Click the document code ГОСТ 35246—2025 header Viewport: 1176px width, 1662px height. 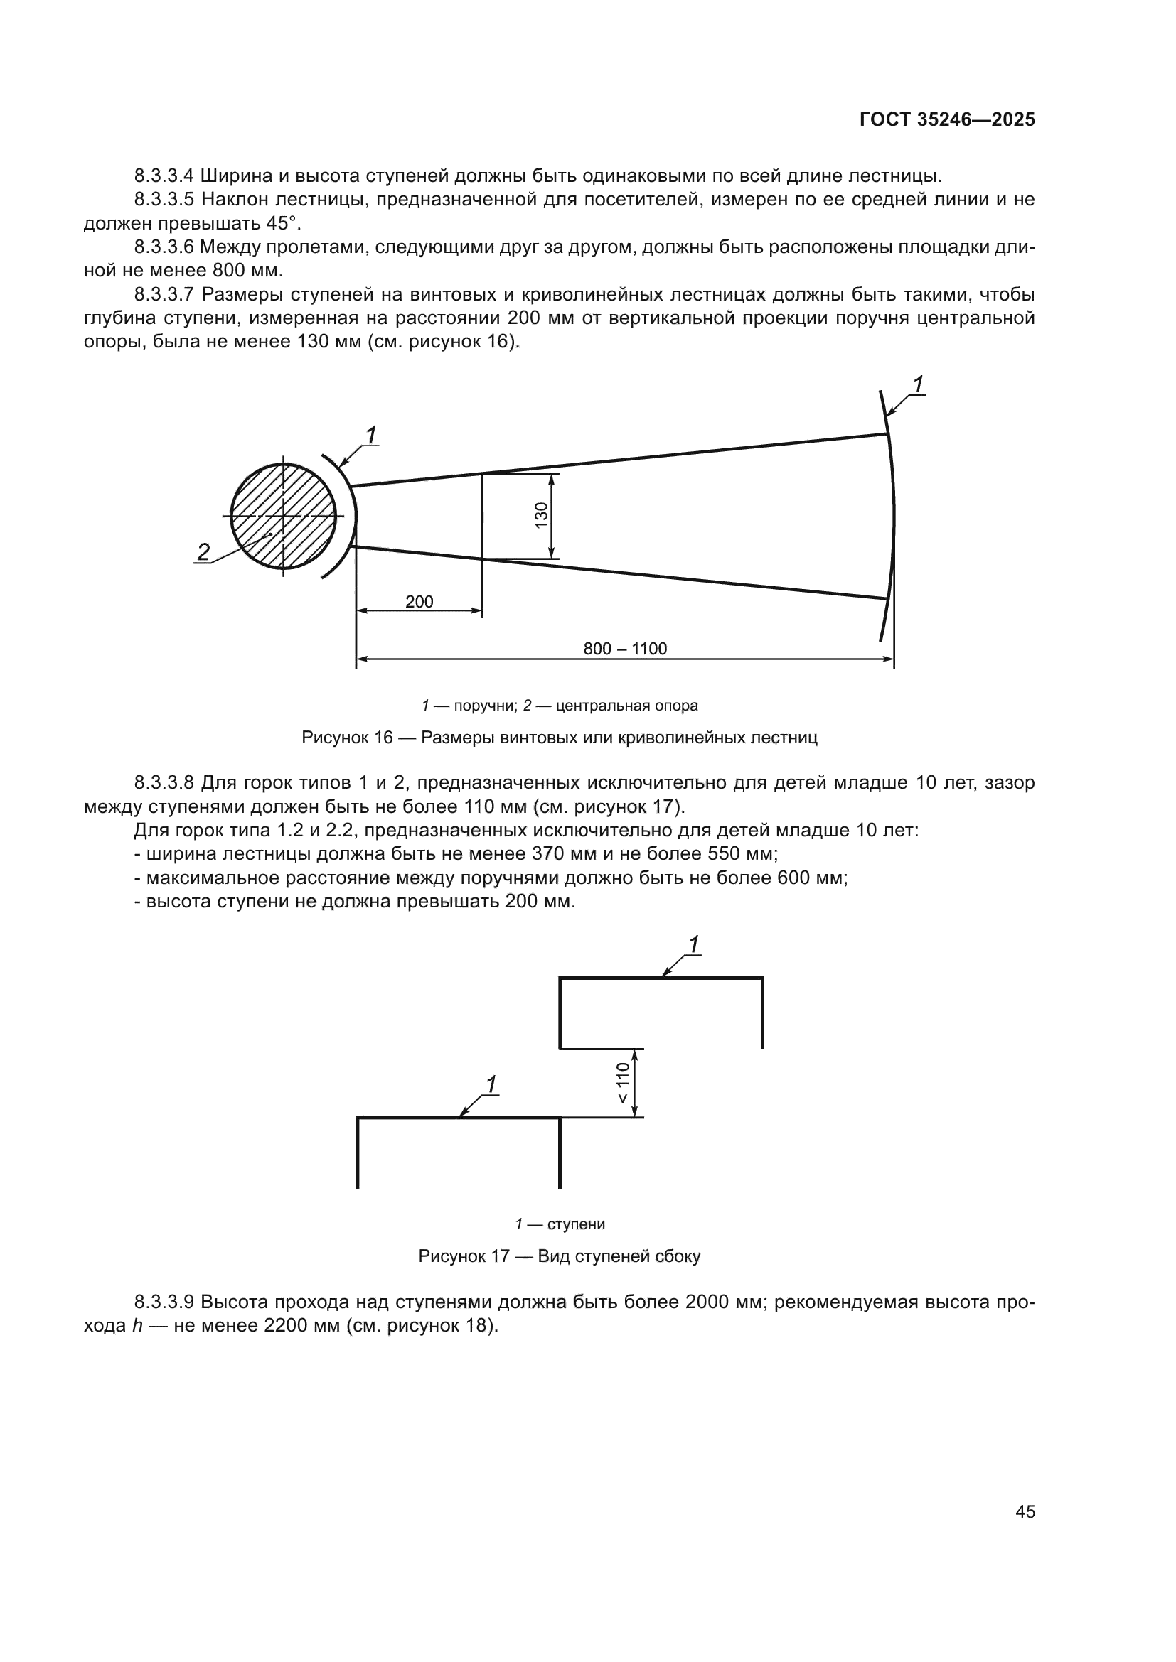tap(946, 120)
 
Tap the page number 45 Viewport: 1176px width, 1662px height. tap(1025, 1511)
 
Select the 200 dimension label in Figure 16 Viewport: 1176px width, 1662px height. tap(419, 602)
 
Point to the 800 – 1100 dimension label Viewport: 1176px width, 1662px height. tap(625, 649)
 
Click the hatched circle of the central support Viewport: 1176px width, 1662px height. tap(283, 516)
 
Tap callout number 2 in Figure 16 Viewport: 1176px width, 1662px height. tap(203, 552)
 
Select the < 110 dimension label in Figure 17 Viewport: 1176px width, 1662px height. tap(623, 1082)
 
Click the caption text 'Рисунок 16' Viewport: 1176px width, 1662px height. tap(347, 738)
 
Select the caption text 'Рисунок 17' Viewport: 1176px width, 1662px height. tap(464, 1256)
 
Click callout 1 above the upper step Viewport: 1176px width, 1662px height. tap(693, 944)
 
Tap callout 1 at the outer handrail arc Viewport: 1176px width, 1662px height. tap(917, 385)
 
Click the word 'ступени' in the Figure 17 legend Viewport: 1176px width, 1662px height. tap(576, 1224)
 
